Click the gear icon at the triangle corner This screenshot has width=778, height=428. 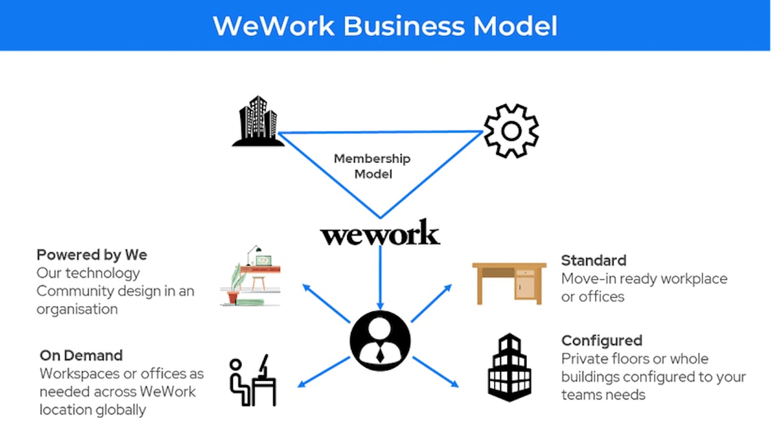pyautogui.click(x=510, y=131)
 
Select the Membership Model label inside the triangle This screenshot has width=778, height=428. pyautogui.click(x=373, y=166)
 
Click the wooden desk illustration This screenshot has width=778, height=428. pyautogui.click(x=509, y=283)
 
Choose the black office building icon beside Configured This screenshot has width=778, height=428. pyautogui.click(x=509, y=367)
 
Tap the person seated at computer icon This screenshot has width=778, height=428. pyautogui.click(x=253, y=380)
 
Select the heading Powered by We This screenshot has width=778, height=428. pyautogui.click(x=92, y=255)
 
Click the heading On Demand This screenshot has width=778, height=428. pyautogui.click(x=81, y=355)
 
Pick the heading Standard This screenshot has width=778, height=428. pyautogui.click(x=594, y=260)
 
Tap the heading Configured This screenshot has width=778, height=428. pyautogui.click(x=601, y=341)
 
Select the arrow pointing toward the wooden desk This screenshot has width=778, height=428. pyautogui.click(x=431, y=303)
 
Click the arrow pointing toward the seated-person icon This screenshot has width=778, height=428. pyautogui.click(x=323, y=372)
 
